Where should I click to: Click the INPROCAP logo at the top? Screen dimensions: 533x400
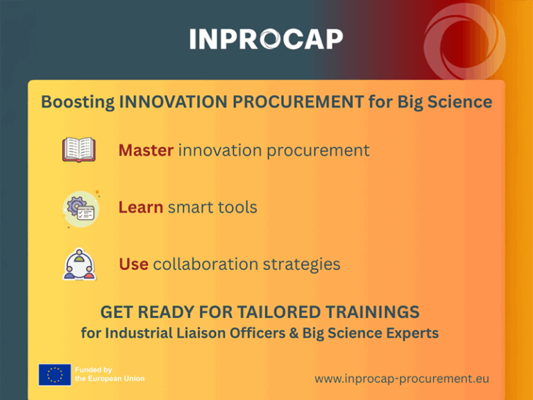(x=266, y=39)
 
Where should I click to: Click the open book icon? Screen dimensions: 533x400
(x=79, y=149)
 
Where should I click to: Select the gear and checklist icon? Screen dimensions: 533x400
(x=81, y=209)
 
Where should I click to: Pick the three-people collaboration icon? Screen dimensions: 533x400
(x=80, y=265)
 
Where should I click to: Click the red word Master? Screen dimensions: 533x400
(x=146, y=150)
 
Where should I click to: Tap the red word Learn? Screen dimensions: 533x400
(x=141, y=207)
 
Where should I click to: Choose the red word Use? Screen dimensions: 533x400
(x=133, y=264)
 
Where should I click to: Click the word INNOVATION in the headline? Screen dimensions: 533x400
(x=173, y=101)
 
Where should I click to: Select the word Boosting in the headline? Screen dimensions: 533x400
(x=78, y=102)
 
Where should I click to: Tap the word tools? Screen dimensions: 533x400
(x=237, y=207)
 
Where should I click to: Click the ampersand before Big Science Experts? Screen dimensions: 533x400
(x=294, y=333)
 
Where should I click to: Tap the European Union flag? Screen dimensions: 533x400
(x=55, y=375)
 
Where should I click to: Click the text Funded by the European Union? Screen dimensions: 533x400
(x=110, y=374)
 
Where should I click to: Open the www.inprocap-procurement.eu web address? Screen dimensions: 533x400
(x=402, y=378)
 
